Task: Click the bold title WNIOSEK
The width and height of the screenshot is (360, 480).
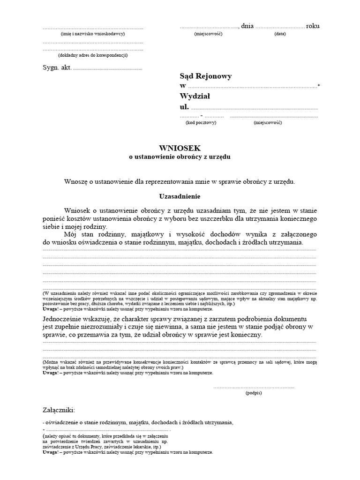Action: [x=180, y=148]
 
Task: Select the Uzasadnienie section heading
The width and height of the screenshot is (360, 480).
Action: [x=180, y=196]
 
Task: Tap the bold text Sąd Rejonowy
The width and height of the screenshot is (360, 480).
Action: [x=205, y=76]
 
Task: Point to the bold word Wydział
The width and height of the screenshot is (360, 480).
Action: [x=195, y=96]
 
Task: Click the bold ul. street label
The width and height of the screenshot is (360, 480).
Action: [x=184, y=107]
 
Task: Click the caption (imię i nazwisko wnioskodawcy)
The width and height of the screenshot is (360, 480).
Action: [x=93, y=34]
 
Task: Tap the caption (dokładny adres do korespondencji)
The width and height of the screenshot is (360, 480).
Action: [x=93, y=55]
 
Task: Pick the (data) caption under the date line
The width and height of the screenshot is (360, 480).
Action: [x=280, y=34]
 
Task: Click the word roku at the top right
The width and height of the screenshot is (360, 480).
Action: [x=313, y=26]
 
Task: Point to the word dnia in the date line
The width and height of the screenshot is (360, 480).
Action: [x=247, y=26]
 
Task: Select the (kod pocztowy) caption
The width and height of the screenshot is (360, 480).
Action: [x=201, y=122]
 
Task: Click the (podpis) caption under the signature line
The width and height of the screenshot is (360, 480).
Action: [x=254, y=393]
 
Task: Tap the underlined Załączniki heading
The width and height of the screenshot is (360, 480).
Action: [x=59, y=410]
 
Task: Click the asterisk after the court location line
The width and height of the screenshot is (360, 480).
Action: [x=319, y=85]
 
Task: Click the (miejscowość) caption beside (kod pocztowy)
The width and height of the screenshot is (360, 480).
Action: [x=268, y=122]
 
